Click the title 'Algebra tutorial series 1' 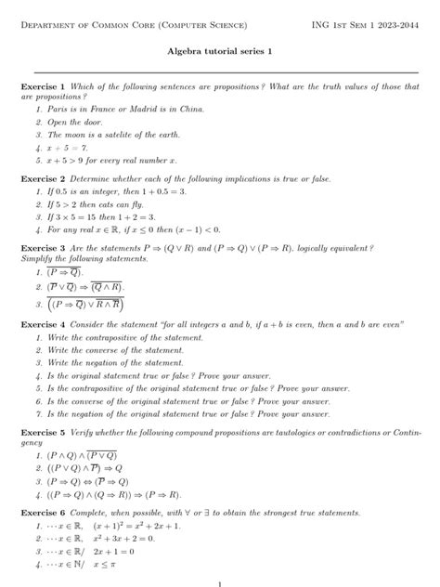(x=219, y=55)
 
